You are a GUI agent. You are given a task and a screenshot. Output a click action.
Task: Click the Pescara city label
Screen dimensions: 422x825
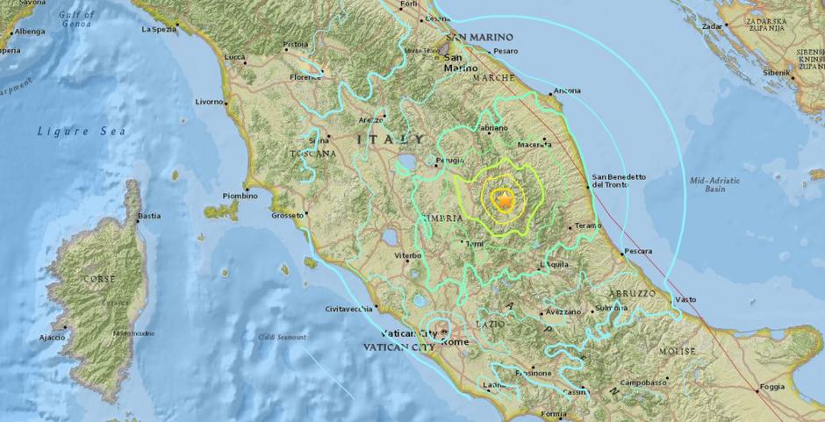coord(638,252)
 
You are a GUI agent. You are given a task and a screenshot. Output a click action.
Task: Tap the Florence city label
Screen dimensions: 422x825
coord(305,77)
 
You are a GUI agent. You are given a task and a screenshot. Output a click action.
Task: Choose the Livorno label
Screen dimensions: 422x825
coord(210,102)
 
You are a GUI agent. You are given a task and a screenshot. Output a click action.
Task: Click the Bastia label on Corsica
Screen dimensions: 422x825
coord(149,215)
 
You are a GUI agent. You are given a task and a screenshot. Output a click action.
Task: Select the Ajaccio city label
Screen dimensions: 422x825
coord(53,337)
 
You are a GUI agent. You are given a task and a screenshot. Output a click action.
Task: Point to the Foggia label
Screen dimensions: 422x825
coord(771,387)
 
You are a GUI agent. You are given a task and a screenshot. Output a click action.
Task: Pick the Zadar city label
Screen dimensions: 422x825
coord(712,26)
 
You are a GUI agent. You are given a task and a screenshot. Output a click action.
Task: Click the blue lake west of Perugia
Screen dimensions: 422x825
coord(406,162)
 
